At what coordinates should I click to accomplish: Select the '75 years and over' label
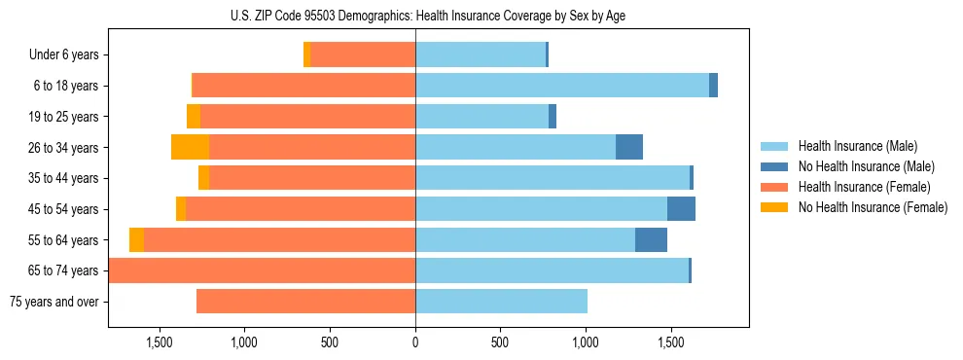[x=54, y=302]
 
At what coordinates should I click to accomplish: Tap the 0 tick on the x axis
[x=415, y=342]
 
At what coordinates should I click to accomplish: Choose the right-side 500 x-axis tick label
[x=500, y=342]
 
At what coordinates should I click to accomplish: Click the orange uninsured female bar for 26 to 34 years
[x=190, y=148]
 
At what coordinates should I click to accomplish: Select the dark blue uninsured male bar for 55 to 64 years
[x=651, y=240]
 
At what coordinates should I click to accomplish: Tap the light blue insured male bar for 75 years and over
[x=501, y=302]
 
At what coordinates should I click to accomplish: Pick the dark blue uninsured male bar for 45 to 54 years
[x=681, y=209]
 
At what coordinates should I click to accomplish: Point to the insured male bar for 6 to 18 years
[x=562, y=86]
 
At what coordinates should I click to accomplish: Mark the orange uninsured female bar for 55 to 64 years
[x=136, y=240]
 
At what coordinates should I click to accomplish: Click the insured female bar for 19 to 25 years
[x=307, y=117]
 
